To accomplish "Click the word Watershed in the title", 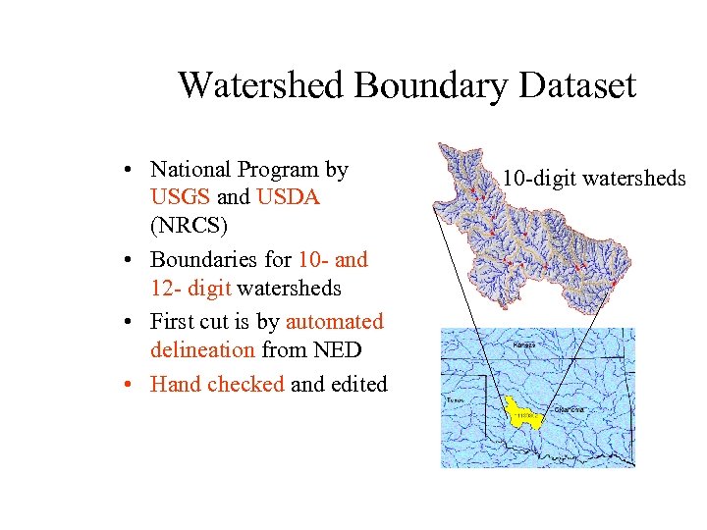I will (261, 85).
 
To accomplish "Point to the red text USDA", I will (288, 197).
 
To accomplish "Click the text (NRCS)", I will (189, 226).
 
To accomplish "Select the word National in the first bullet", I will (192, 170).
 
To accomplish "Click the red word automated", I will (334, 322).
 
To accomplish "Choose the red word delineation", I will (203, 350).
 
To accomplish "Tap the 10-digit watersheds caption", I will (594, 178).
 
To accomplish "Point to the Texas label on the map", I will (453, 400).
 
